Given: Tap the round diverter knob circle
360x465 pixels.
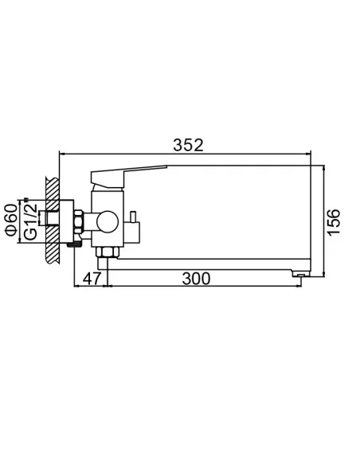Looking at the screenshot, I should point(105,220).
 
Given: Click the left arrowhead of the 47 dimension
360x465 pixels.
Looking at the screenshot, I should point(76,287).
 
